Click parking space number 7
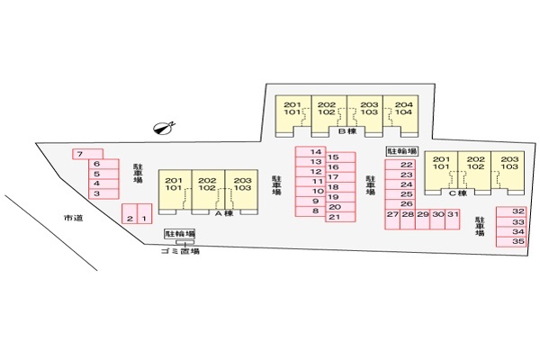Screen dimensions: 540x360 87,154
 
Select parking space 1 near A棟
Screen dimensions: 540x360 145,213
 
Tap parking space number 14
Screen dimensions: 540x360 310,152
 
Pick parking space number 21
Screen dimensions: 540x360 340,217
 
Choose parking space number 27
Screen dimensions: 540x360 392,219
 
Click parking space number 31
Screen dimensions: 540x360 453,219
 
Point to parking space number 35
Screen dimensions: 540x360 511,242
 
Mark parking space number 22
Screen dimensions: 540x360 400,165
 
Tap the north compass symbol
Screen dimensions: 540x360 164,128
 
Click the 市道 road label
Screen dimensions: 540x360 74,218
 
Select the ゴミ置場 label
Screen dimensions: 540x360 180,251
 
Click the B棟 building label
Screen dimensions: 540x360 347,130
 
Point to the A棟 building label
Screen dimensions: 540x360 224,213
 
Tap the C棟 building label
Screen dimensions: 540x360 458,193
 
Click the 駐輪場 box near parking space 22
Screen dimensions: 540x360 402,151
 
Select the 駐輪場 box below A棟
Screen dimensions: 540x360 180,234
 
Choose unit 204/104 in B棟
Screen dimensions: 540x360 400,114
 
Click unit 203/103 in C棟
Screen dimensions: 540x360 508,170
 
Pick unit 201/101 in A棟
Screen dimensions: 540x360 175,190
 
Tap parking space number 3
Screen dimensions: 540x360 103,194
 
